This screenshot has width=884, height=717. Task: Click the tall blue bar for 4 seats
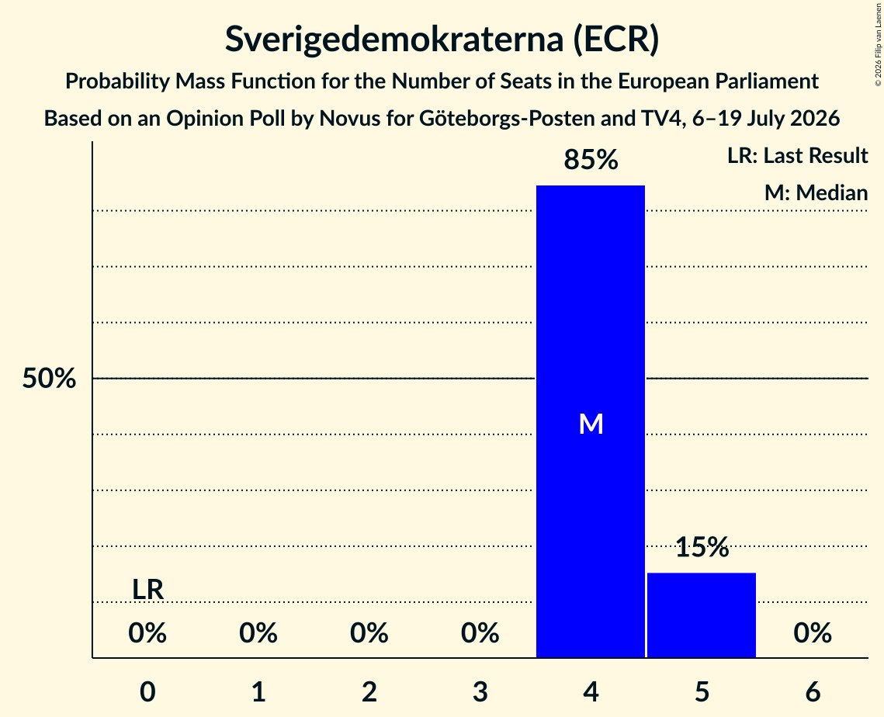(x=591, y=421)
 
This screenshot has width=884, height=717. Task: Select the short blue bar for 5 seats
(x=702, y=615)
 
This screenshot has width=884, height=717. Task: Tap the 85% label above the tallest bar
(x=591, y=160)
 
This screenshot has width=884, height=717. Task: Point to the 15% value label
(x=702, y=547)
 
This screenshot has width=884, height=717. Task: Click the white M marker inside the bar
(x=591, y=424)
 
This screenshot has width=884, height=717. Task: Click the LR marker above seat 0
(x=147, y=590)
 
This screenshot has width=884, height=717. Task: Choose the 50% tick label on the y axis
(x=49, y=378)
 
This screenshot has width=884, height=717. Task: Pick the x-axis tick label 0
(x=147, y=691)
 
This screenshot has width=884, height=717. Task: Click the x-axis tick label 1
(x=258, y=691)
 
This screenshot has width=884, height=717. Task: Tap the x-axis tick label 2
(x=369, y=691)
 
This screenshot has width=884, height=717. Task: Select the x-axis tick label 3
(x=480, y=691)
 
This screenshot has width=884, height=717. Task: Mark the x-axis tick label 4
(x=591, y=691)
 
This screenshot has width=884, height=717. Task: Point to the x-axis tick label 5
(x=702, y=691)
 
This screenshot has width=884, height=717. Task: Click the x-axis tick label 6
(x=813, y=691)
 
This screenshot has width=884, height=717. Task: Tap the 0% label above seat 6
(x=813, y=633)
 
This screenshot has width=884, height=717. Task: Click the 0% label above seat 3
(x=480, y=633)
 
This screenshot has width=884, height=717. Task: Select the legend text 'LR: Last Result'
(x=797, y=155)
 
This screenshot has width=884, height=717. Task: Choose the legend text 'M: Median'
(x=816, y=192)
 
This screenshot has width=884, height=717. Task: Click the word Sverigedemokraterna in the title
(x=394, y=40)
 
